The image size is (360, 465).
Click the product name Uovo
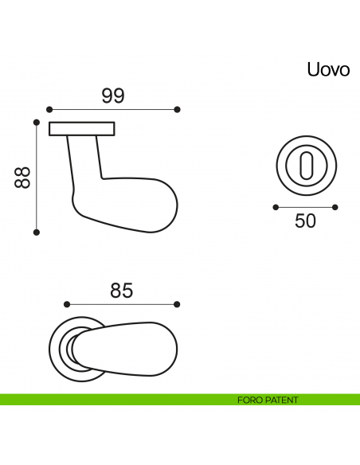[328, 69]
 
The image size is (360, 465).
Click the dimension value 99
[113, 96]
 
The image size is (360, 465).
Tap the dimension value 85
[121, 291]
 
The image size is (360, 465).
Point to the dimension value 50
[306, 221]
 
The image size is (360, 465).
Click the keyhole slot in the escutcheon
[306, 168]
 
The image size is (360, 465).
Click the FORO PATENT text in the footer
[268, 400]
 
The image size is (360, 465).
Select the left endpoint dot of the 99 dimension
[49, 109]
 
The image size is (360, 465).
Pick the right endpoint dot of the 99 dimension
[178, 109]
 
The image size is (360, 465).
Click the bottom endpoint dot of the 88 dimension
[37, 232]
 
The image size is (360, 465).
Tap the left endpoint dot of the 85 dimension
[67, 304]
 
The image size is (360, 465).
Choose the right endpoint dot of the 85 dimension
[177, 304]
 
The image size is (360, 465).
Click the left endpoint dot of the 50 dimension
[276, 206]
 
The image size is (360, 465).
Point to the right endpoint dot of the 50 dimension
[336, 206]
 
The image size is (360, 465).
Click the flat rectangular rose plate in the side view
[82, 128]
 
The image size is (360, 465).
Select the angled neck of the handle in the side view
[85, 163]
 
